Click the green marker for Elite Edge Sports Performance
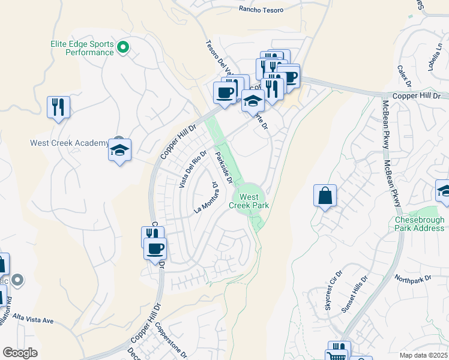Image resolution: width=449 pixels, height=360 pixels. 123,47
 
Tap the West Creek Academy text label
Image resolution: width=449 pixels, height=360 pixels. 70,143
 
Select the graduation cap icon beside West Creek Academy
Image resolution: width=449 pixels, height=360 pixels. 120,149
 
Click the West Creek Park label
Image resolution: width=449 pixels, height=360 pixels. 249,201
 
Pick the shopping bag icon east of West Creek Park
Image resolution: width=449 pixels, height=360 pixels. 325,196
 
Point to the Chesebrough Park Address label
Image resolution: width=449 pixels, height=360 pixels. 420,224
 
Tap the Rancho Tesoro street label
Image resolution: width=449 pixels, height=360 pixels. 261,9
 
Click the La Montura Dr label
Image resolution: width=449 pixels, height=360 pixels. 205,199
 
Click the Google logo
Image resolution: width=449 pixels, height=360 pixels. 20,353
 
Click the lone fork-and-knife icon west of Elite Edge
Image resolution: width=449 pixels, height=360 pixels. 58,107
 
